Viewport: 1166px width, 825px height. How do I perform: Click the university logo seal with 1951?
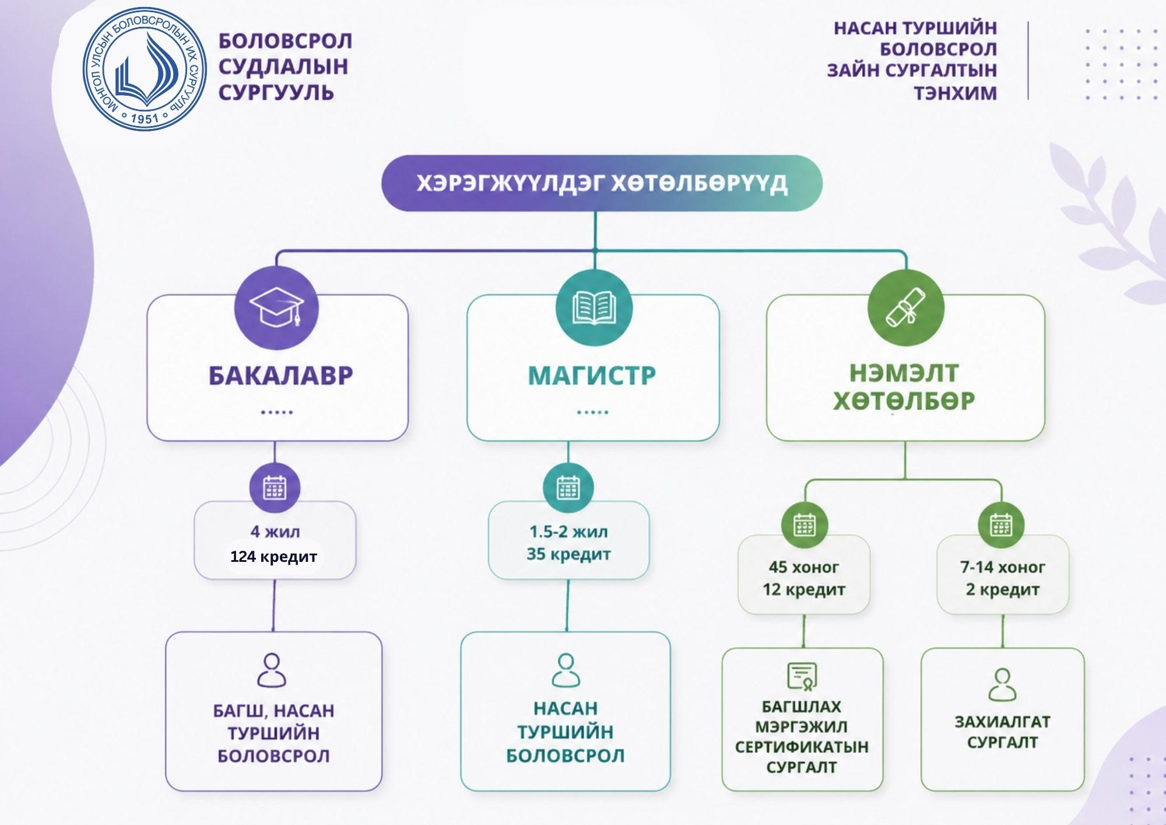point(145,69)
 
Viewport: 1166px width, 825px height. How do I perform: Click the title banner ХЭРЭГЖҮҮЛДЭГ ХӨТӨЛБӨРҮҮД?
point(602,183)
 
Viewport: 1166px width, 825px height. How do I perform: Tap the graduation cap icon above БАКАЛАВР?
point(276,307)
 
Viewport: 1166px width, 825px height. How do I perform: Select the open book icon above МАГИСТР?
point(594,307)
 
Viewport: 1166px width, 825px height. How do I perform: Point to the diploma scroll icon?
point(905,307)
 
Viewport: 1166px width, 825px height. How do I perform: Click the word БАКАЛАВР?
point(280,376)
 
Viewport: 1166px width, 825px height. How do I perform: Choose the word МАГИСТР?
point(592,376)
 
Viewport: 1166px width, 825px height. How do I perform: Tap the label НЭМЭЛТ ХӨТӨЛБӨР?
point(904,387)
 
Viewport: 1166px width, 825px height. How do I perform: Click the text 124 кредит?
point(273,557)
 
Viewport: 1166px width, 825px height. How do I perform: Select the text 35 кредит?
point(568,554)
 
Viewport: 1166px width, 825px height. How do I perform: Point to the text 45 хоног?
point(803,567)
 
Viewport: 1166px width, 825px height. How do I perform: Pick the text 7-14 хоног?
point(1002,567)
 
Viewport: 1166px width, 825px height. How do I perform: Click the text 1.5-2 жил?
point(568,532)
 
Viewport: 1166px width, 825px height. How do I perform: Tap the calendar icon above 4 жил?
point(275,488)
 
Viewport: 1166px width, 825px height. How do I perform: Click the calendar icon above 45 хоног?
point(805,525)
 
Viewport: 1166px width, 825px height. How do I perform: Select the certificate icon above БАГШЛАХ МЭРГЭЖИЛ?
point(802,676)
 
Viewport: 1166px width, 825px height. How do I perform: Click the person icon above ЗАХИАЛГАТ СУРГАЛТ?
point(1002,684)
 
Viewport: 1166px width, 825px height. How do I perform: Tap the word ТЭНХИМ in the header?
point(955,93)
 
